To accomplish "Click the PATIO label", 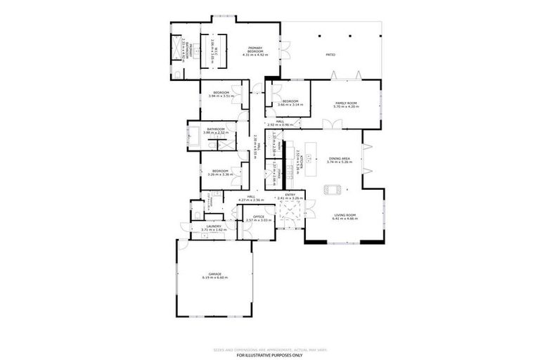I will [x=330, y=54].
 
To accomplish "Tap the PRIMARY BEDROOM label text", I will [x=255, y=49].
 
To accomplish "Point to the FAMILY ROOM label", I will [x=346, y=103].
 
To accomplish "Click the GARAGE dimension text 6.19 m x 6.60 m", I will [x=214, y=277].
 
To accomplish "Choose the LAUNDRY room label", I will [x=214, y=226].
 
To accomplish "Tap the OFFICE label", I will [x=259, y=217].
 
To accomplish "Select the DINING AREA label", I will [x=340, y=159].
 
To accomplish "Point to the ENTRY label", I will [x=290, y=195].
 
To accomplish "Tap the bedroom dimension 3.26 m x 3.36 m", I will [x=220, y=173].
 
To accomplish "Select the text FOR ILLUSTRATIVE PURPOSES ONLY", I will [x=270, y=354].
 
